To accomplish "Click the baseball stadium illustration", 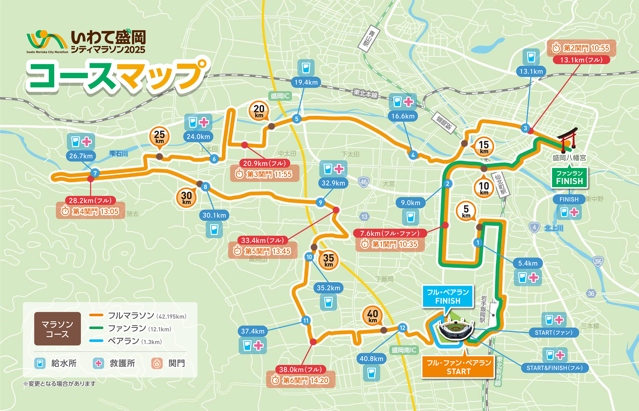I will click(456, 329).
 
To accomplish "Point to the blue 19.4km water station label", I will click(306, 82).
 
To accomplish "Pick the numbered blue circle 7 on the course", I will click(95, 173).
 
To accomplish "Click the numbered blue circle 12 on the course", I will click(402, 327).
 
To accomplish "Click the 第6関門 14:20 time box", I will click(301, 380).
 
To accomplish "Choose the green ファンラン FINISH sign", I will click(569, 178).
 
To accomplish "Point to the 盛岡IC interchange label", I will click(280, 96).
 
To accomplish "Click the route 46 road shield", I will click(363, 182).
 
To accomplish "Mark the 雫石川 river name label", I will click(118, 153).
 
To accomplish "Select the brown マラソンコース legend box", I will click(57, 329).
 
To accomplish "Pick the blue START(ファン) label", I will click(553, 333).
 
